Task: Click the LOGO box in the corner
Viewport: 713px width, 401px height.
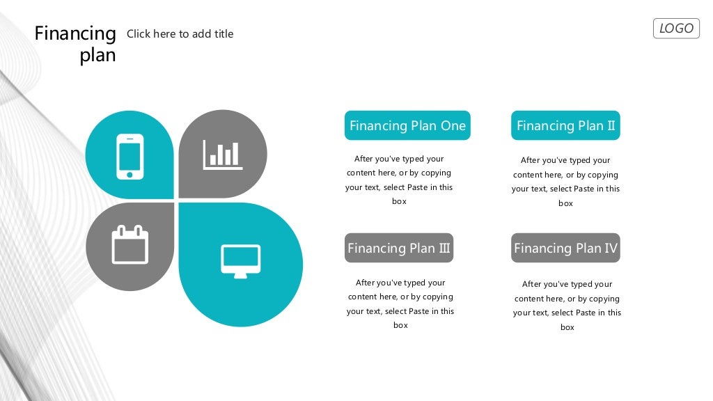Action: click(676, 29)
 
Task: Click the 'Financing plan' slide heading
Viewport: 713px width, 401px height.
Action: click(75, 44)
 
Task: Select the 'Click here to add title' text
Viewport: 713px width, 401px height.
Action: click(180, 34)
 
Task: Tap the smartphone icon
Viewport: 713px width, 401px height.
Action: click(130, 157)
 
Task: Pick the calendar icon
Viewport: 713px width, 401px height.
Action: click(130, 244)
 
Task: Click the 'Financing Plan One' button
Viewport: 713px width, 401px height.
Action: click(407, 126)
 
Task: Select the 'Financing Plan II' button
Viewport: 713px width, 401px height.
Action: click(565, 126)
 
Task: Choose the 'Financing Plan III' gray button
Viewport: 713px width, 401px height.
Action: click(399, 249)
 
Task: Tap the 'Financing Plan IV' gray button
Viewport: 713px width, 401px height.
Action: click(565, 249)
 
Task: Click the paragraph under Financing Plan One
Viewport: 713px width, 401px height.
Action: click(399, 180)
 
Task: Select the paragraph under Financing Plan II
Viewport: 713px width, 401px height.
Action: click(565, 182)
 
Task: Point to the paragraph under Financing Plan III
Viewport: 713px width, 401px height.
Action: click(400, 304)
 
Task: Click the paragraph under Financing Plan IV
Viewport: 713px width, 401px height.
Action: click(567, 306)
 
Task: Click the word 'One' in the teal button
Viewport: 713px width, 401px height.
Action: click(453, 126)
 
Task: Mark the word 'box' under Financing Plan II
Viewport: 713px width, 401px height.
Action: click(565, 204)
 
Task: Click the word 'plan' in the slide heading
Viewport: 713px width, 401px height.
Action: click(97, 56)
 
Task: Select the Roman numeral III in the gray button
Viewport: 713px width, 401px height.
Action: click(444, 249)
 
